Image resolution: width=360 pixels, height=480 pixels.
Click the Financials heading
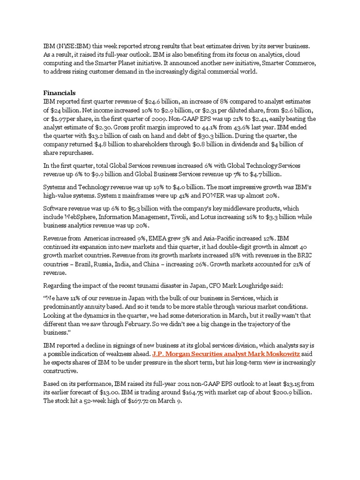point(60,93)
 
